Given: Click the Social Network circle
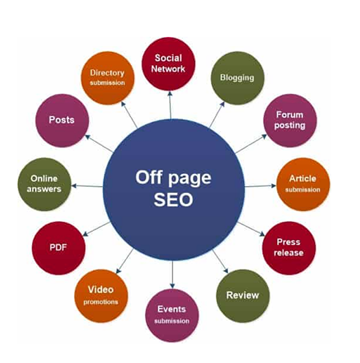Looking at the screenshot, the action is tap(168, 64).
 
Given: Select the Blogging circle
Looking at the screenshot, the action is tap(237, 78).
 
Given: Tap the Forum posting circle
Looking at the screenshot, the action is tap(290, 121).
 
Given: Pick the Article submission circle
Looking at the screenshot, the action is tap(303, 184).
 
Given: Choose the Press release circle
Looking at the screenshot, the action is tap(289, 248).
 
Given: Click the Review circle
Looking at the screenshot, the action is tap(243, 296).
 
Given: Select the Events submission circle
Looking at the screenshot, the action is tap(172, 315).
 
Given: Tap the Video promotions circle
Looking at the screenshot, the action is tap(101, 296).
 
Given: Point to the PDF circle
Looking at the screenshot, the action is tap(59, 248).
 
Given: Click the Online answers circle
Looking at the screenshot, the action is tap(44, 184).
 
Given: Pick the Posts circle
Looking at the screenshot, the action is tap(62, 121).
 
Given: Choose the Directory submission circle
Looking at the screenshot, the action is tap(107, 78).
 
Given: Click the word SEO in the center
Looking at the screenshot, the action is tap(173, 199).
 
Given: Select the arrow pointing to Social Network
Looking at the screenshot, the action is tap(170, 105).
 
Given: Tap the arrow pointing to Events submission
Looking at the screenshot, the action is tap(172, 275).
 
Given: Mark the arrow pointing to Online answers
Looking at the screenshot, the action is tap(87, 186).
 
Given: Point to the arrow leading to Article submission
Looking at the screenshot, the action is tap(260, 186).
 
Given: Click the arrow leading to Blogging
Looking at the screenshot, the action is tap(217, 114).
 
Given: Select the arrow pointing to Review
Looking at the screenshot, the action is tap(220, 262).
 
